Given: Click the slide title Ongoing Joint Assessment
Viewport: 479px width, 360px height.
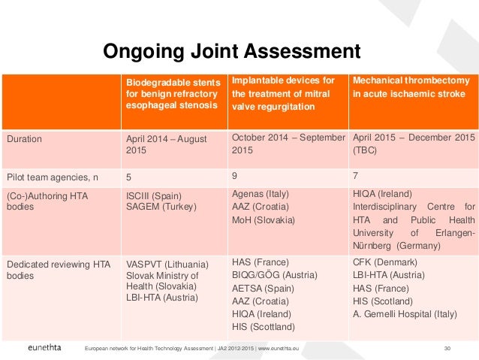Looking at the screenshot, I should (x=231, y=51).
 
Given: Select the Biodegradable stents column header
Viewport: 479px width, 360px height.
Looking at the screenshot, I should (x=172, y=94).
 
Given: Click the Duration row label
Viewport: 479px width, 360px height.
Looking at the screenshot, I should (x=25, y=139).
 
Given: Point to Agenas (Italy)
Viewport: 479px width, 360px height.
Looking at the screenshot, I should (x=261, y=193).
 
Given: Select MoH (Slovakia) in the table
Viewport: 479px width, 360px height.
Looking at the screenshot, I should (x=264, y=219).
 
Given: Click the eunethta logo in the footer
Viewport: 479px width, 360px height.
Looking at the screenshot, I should (x=44, y=348).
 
